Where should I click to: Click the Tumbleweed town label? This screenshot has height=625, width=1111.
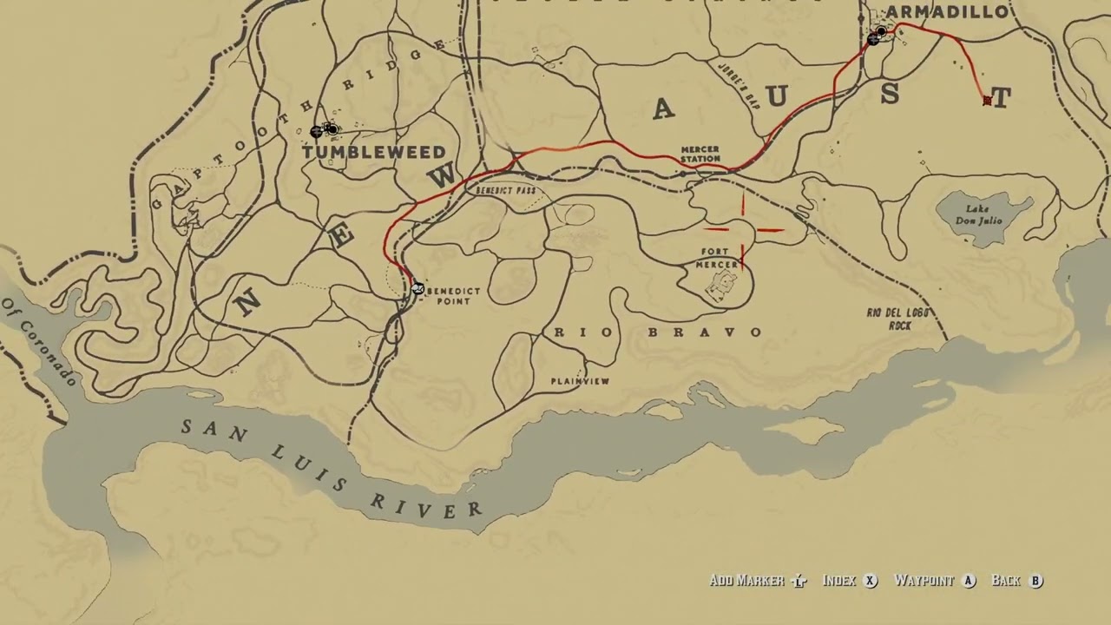(x=373, y=152)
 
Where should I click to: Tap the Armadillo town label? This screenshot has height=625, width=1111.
(x=946, y=12)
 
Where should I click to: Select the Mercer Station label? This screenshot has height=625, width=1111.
(x=700, y=155)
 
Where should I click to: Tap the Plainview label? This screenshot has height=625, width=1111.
(x=580, y=381)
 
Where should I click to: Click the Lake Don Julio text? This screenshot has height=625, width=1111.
(x=979, y=215)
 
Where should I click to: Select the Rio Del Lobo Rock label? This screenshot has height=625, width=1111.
(x=897, y=319)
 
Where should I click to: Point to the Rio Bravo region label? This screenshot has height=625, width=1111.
(x=658, y=332)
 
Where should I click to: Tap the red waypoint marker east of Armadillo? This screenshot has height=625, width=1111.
(x=987, y=102)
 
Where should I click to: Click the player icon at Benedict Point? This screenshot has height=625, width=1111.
(x=417, y=289)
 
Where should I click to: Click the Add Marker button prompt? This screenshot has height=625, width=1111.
(x=758, y=581)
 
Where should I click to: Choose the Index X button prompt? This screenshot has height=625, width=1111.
(x=850, y=581)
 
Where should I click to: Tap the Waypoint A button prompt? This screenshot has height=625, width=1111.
(x=935, y=581)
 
